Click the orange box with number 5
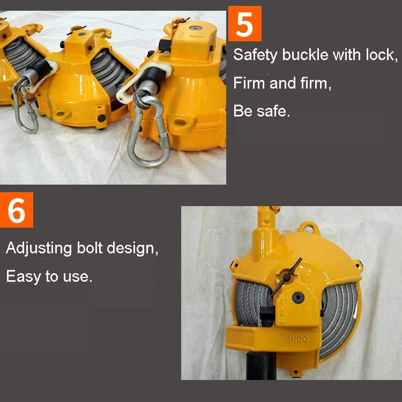click(x=244, y=24)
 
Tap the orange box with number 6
click(x=17, y=210)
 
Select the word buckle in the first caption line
click(x=306, y=55)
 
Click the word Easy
click(x=23, y=276)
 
